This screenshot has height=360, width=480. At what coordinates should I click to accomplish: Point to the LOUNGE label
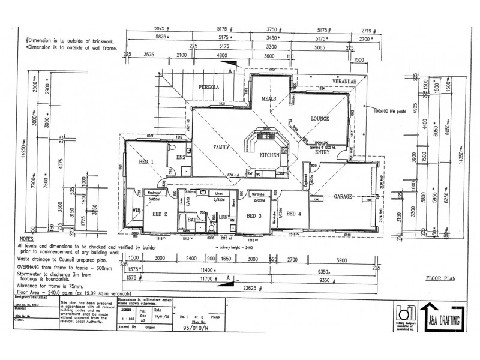pos(320,119)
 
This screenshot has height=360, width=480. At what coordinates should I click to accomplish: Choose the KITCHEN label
pos(269,155)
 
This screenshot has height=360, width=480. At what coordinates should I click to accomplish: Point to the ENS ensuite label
pos(179,157)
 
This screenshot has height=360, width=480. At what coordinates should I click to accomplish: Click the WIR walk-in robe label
pos(136,209)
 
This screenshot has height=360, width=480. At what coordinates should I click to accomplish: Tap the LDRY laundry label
pos(225,217)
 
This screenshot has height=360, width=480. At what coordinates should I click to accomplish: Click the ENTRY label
pos(322,152)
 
